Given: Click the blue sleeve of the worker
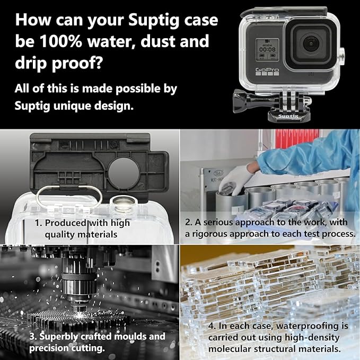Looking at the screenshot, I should pos(297,154).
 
